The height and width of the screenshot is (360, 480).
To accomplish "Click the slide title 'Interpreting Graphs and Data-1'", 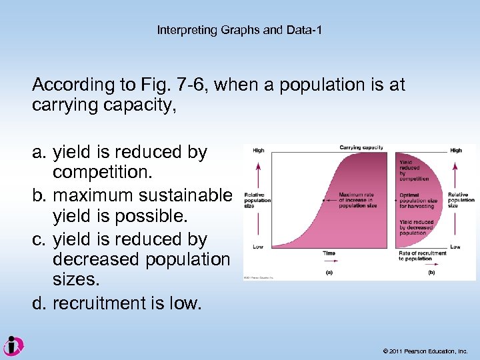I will (239, 30).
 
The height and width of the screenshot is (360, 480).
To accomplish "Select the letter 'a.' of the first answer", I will (39, 153).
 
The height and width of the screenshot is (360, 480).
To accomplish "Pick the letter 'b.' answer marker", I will (39, 196).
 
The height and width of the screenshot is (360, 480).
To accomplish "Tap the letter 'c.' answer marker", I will (39, 239).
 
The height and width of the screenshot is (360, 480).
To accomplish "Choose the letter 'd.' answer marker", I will (39, 303).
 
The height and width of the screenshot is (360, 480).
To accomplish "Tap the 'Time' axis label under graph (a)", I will (329, 253).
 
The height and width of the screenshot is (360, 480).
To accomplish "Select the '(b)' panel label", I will (431, 272).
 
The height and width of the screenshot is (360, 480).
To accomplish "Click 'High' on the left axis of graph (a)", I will (258, 151).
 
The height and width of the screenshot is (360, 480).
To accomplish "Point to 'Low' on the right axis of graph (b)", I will (455, 247).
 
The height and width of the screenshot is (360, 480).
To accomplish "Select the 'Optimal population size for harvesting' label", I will (418, 199).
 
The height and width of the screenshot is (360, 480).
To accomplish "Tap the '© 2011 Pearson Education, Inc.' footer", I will (425, 351).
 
